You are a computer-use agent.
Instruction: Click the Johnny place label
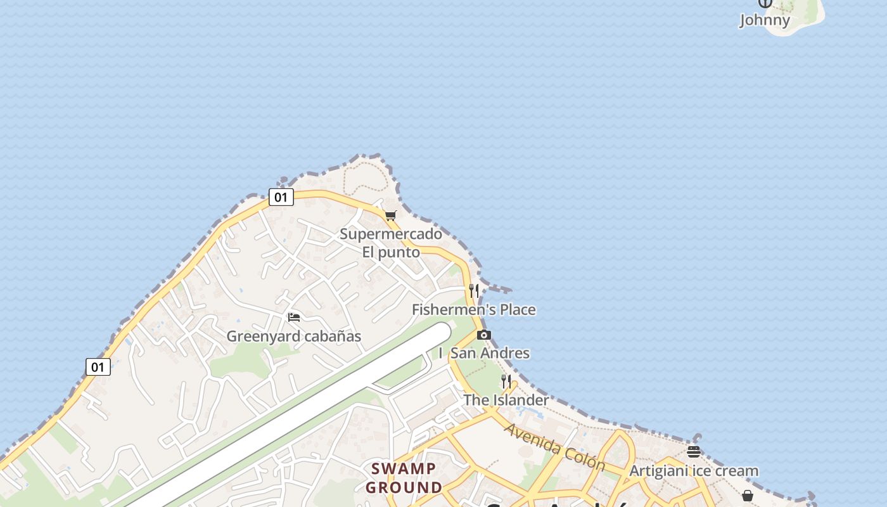[765, 20]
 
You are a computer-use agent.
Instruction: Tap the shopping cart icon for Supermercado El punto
[391, 215]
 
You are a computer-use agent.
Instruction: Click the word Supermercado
[391, 234]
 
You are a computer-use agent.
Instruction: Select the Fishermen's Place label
[473, 310]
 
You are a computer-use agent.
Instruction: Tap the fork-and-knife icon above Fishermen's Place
[474, 291]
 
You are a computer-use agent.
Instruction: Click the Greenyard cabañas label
[294, 337]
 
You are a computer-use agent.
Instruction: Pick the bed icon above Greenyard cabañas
[294, 317]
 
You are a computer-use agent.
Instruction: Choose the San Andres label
[490, 353]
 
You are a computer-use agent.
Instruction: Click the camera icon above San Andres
[484, 335]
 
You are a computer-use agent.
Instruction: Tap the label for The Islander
[506, 400]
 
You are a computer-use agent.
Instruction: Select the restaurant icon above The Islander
[506, 381]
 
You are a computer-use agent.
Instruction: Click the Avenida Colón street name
[555, 447]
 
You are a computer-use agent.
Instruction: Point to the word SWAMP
[404, 469]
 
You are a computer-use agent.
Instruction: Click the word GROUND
[404, 487]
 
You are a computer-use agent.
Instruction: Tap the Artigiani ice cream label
[693, 471]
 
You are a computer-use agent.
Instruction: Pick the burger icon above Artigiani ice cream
[694, 452]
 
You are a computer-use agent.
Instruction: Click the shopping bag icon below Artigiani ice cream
[748, 495]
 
